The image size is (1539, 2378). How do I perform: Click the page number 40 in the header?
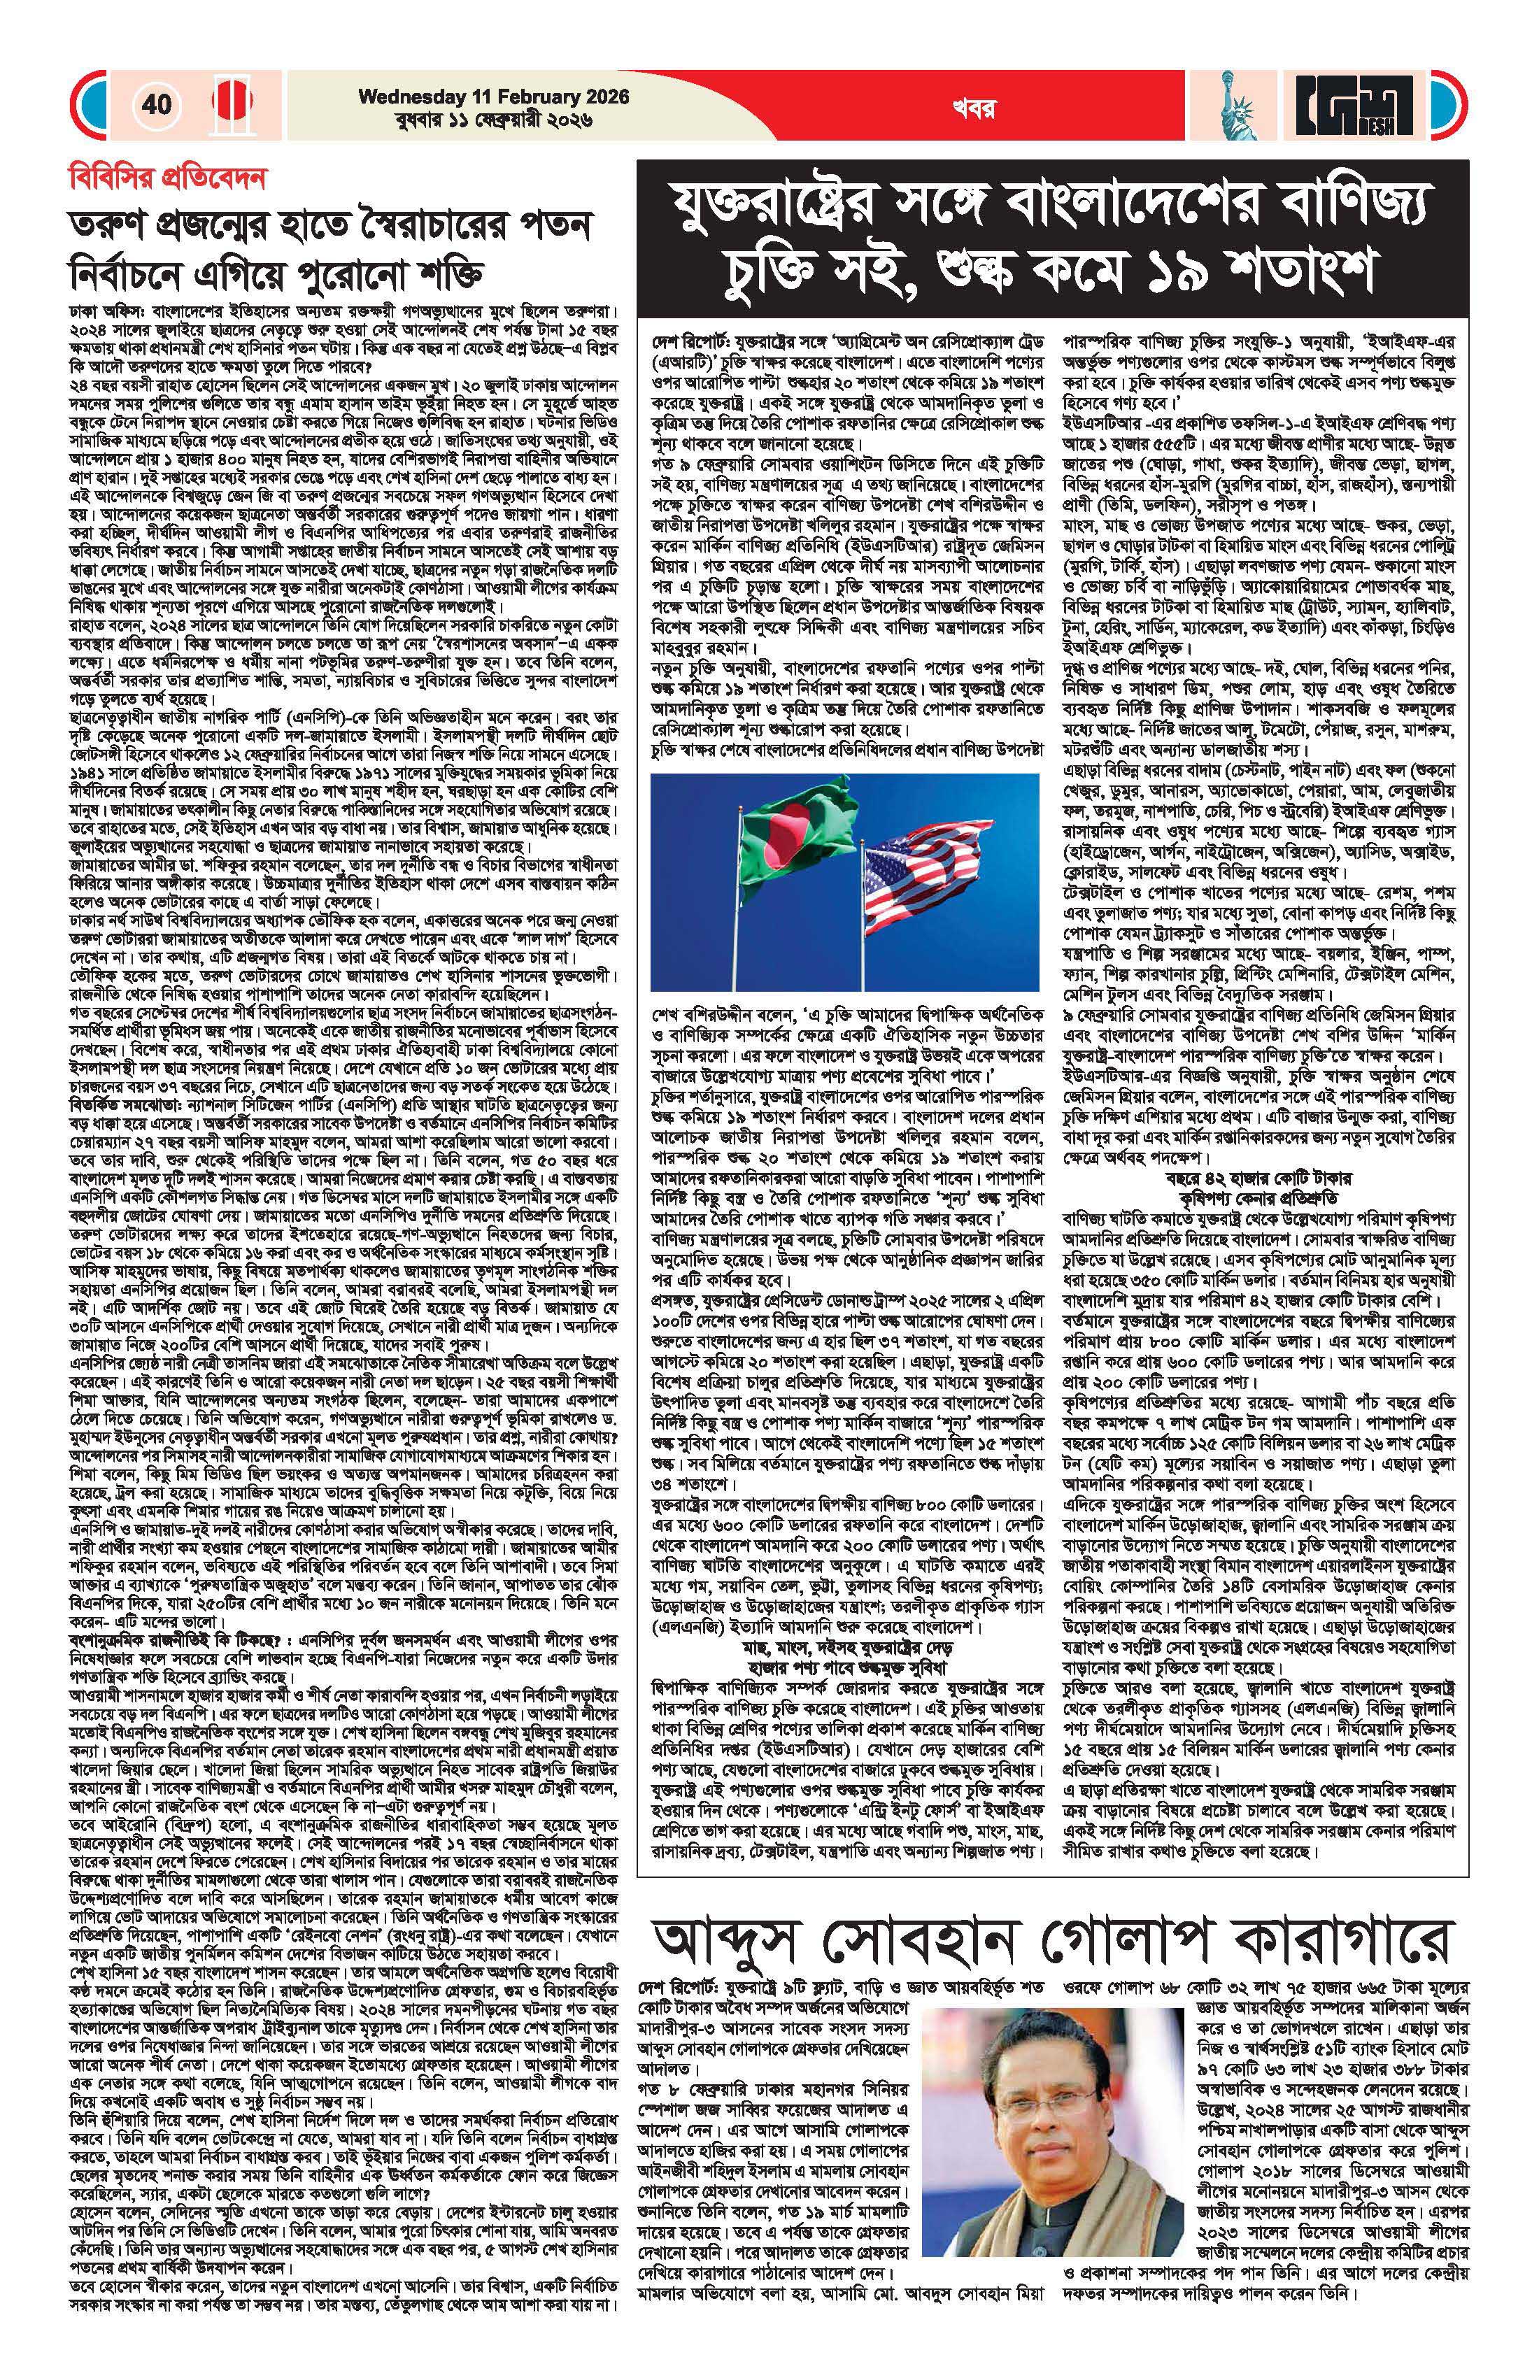pyautogui.click(x=156, y=104)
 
